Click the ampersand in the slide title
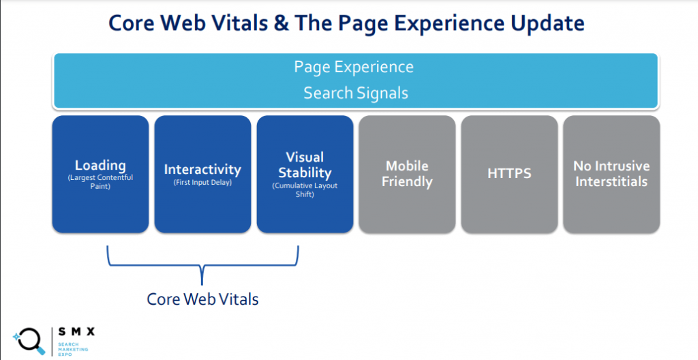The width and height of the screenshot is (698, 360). tap(281, 24)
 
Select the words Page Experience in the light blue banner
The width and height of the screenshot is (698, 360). tap(354, 67)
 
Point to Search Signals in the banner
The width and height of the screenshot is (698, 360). tap(356, 93)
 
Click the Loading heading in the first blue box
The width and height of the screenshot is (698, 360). tap(100, 165)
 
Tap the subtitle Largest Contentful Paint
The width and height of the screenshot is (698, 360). tap(100, 182)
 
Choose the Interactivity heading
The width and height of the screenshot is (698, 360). tap(202, 169)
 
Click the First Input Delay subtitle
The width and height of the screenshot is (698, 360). tap(202, 182)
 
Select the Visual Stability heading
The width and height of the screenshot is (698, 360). tap(305, 165)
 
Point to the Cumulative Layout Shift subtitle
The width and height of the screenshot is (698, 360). tap(305, 190)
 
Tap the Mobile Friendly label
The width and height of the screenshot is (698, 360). tap(407, 174)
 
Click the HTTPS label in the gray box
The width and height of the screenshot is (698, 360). tap(509, 173)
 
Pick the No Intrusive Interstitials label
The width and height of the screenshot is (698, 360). tap(611, 173)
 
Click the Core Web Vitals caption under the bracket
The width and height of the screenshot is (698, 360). tap(202, 299)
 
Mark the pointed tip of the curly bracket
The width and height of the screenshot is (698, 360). tap(202, 284)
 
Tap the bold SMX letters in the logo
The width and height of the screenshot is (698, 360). tap(76, 332)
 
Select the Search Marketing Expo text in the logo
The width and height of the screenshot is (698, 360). tap(73, 349)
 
